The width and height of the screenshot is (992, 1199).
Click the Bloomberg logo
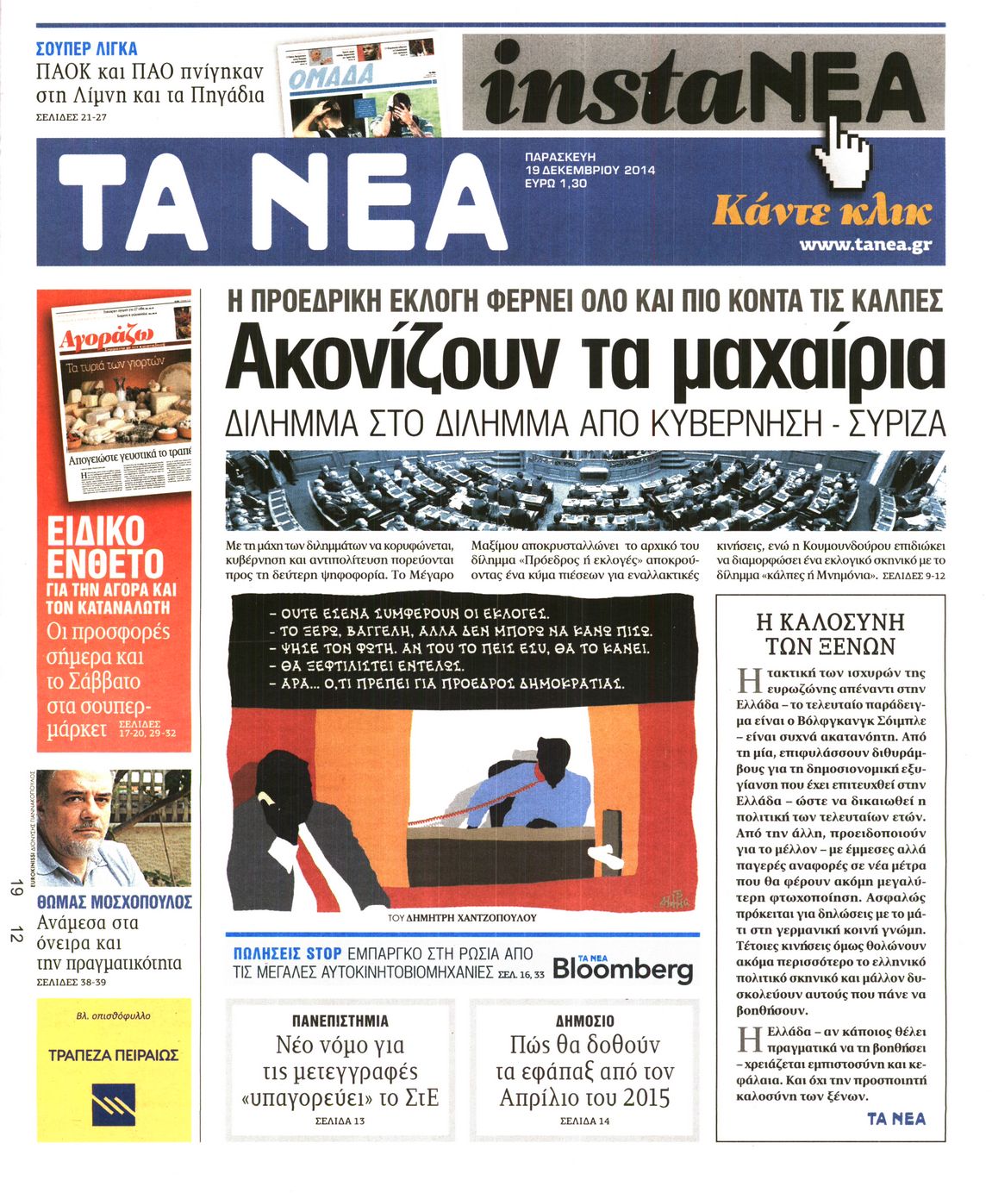tap(622, 968)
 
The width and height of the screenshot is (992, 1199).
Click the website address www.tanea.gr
tap(865, 245)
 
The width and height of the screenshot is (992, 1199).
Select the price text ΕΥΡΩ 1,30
tap(556, 184)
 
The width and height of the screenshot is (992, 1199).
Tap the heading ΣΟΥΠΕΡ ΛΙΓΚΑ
tap(86, 48)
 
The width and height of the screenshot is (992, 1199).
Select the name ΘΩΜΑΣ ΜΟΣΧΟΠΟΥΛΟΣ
tap(115, 902)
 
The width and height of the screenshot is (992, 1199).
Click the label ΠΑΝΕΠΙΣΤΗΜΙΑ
tap(340, 1021)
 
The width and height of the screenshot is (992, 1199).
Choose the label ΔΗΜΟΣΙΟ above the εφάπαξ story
tap(584, 1021)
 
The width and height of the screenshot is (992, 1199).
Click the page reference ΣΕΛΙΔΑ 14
tap(584, 1121)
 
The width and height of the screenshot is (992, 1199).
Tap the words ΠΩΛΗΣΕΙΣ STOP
tap(288, 954)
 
